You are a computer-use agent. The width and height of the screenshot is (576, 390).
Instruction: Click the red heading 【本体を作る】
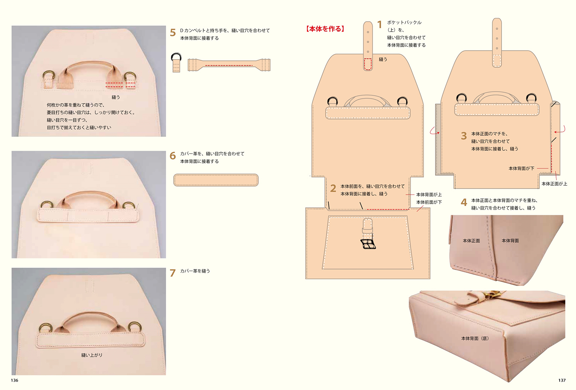pos(325,29)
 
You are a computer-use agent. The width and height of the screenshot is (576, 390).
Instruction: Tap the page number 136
pos(14,380)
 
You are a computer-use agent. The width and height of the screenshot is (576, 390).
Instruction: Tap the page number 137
pos(562,380)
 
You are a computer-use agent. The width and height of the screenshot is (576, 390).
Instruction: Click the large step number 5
pos(173,33)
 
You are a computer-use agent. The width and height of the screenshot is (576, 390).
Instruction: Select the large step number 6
pos(173,156)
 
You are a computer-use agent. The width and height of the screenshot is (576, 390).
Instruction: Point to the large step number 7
pos(173,273)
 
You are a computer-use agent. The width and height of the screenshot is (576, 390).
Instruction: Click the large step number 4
pos(464,202)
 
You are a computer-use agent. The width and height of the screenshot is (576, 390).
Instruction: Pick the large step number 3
pos(464,136)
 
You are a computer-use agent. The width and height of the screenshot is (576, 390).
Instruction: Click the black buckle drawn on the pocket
pos(368,244)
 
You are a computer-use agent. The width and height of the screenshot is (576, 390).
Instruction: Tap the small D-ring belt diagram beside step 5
pos(176,62)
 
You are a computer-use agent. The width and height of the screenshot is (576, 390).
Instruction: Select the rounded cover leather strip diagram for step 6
pos(216,180)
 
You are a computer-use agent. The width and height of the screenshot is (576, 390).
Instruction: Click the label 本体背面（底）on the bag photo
pos(475,338)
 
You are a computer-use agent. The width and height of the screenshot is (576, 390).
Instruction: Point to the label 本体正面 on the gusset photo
pos(471,241)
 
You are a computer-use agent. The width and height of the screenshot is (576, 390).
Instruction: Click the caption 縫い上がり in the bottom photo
pos(92,355)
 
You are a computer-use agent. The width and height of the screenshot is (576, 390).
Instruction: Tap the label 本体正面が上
pos(554,184)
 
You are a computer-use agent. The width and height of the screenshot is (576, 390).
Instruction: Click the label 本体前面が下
pos(429,202)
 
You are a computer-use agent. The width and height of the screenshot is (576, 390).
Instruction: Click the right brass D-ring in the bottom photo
pos(135,326)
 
